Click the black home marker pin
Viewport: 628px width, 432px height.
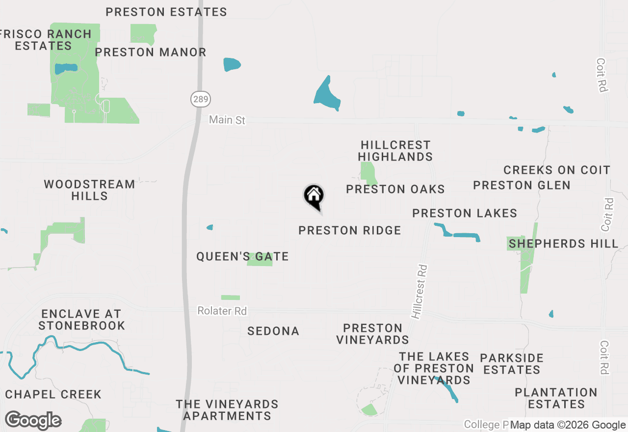tap(314, 196)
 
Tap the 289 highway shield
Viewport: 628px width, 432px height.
tap(200, 99)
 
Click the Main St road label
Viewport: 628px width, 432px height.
tap(227, 120)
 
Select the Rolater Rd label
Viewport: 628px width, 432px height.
tap(222, 311)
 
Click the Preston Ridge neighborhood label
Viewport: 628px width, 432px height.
tap(350, 230)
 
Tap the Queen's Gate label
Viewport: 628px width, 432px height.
tap(242, 256)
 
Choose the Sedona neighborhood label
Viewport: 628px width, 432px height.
tap(273, 331)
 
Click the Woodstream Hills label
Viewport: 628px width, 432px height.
tap(89, 190)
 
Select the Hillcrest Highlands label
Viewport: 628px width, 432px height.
tap(395, 151)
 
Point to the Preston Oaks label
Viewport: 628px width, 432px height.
tap(395, 189)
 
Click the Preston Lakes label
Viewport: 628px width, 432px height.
tap(465, 213)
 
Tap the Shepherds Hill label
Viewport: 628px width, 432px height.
tap(564, 243)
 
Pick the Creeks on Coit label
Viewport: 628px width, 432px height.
tap(557, 170)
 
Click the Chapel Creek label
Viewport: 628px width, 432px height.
tap(53, 394)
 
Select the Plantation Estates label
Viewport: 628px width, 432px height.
tap(556, 398)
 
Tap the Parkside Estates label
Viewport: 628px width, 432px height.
tap(512, 364)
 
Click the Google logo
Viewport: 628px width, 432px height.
tap(33, 421)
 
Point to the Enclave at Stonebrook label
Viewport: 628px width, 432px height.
tap(82, 320)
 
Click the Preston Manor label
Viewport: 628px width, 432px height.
tap(151, 52)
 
